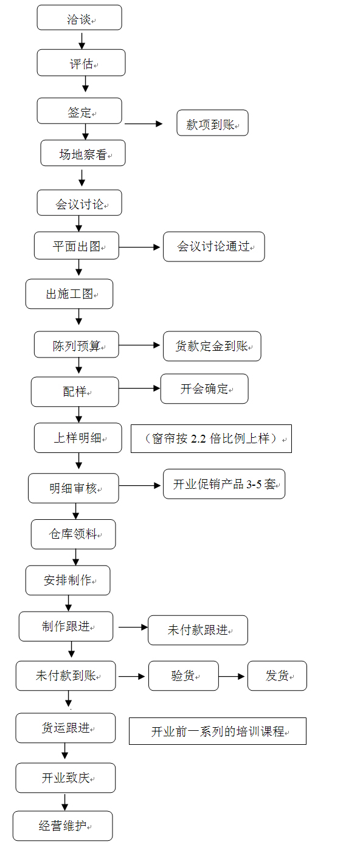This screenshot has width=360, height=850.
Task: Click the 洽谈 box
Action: (79, 18)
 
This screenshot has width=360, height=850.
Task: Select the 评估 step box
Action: (81, 63)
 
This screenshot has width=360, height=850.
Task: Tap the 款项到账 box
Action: (212, 123)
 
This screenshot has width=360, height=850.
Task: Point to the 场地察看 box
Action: (83, 153)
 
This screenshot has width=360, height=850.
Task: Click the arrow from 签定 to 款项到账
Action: (144, 123)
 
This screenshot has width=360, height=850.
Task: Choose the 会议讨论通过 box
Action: (213, 247)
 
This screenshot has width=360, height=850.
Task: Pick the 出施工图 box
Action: (69, 294)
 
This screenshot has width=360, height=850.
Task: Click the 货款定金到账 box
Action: (212, 346)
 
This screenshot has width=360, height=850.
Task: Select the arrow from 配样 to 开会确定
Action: (139, 388)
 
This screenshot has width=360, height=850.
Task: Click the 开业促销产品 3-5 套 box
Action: (224, 485)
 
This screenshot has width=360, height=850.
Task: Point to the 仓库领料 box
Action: (73, 534)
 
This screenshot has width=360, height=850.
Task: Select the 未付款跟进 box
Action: (198, 630)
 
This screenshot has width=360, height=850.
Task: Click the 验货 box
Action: (183, 676)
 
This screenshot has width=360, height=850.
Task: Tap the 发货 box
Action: (277, 676)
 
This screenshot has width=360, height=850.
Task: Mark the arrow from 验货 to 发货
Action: (232, 676)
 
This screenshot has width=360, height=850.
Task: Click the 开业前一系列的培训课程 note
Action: (217, 731)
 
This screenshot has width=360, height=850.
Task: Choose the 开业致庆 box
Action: (66, 778)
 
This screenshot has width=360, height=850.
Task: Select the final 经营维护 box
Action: (63, 826)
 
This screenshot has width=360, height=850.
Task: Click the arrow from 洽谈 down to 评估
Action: (82, 40)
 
